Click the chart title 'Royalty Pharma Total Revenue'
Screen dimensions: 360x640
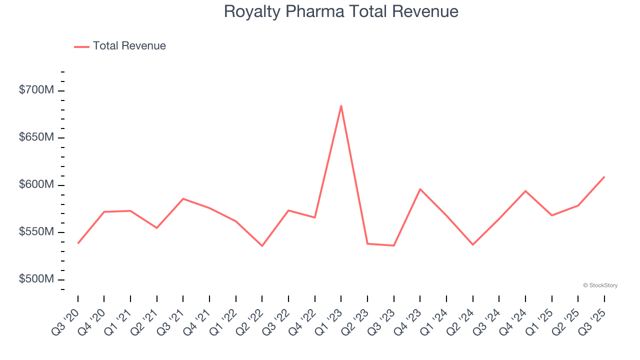click(x=341, y=11)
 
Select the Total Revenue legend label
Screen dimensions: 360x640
click(x=129, y=46)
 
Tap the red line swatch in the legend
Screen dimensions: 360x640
click(x=82, y=46)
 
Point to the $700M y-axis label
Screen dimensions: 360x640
click(x=36, y=90)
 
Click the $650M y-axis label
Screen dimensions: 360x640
click(x=36, y=137)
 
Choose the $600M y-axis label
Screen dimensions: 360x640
click(x=36, y=184)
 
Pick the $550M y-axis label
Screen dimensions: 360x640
click(x=36, y=232)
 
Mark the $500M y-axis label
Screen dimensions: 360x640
click(x=36, y=279)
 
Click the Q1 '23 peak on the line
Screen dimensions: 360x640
click(x=341, y=105)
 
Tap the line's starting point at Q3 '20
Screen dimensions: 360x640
click(x=78, y=243)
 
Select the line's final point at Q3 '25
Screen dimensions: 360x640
click(x=604, y=177)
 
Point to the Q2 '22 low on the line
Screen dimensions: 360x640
click(x=262, y=245)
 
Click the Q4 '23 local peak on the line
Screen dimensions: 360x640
click(x=420, y=189)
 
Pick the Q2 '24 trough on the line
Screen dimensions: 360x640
click(x=472, y=244)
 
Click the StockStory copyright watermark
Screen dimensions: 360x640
click(x=600, y=285)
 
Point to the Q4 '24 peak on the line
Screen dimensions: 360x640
click(x=525, y=191)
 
